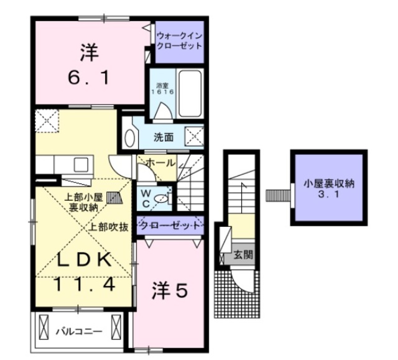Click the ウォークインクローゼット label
coord(180,41)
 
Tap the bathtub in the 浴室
coord(190,93)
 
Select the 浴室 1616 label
coord(163,88)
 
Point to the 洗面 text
coord(164,137)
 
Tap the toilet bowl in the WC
coord(161,198)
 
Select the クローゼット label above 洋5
coord(170,225)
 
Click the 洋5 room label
coord(170,290)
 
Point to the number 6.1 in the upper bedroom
coord(89,77)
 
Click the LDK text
coord(84,259)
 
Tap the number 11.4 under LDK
coord(85,284)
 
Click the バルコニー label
coord(79,331)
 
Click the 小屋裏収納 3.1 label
coord(329,188)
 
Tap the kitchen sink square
coord(81,164)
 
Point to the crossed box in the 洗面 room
coord(194,136)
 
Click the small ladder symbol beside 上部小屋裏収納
coord(114,198)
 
